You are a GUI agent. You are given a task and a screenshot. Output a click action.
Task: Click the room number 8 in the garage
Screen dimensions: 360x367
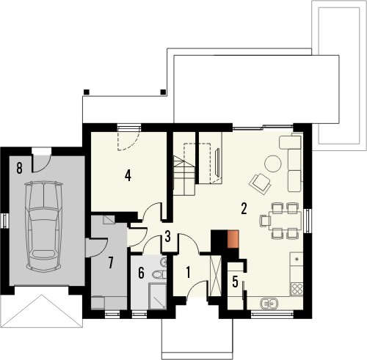(18, 167)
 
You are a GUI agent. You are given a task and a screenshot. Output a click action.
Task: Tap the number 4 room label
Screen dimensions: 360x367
(128, 176)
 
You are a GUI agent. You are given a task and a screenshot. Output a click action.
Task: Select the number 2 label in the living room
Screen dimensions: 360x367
(242, 208)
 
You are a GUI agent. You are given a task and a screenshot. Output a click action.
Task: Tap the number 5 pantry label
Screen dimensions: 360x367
(235, 281)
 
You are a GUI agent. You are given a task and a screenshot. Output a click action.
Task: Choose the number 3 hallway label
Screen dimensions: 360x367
(168, 236)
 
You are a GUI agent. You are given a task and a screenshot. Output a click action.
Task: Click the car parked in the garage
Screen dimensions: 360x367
(43, 223)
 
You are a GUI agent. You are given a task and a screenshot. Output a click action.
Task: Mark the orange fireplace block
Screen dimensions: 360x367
(233, 240)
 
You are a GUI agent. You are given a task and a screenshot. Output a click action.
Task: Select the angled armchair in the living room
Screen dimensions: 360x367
(259, 180)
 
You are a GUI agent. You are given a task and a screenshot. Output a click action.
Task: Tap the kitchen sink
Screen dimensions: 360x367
(269, 301)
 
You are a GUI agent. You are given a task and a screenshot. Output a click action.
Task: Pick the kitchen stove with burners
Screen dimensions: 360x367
(297, 261)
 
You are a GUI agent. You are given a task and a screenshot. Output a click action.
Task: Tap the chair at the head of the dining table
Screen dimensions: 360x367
(264, 219)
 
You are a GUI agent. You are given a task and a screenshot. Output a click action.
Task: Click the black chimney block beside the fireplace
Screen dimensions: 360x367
(218, 241)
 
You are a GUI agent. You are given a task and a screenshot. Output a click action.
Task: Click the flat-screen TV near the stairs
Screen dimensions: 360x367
(219, 163)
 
